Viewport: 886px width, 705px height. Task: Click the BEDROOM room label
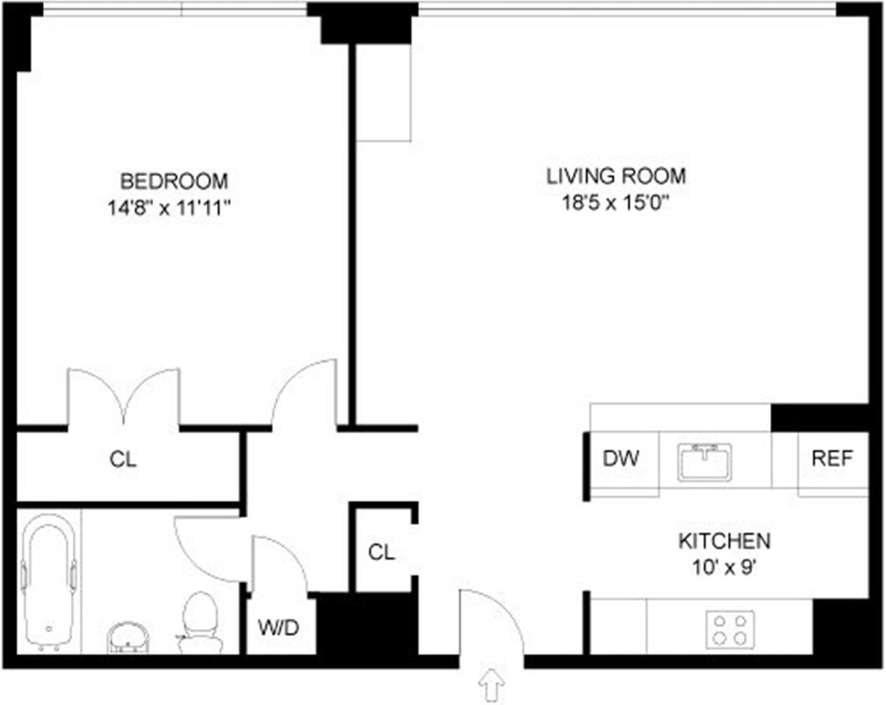pyautogui.click(x=174, y=181)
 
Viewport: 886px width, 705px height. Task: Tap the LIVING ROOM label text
pyautogui.click(x=616, y=176)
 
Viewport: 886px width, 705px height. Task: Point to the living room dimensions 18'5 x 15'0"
pyautogui.click(x=616, y=203)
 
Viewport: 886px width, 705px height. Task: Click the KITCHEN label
pyautogui.click(x=723, y=541)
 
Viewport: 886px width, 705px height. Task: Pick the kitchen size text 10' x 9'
pyautogui.click(x=723, y=567)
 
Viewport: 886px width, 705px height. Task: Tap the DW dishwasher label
pyautogui.click(x=620, y=459)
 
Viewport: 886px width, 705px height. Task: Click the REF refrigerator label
pyautogui.click(x=832, y=459)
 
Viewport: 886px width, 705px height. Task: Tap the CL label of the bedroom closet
pyautogui.click(x=123, y=459)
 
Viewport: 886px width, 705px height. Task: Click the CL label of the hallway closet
pyautogui.click(x=382, y=552)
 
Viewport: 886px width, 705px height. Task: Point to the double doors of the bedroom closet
pyautogui.click(x=124, y=397)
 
